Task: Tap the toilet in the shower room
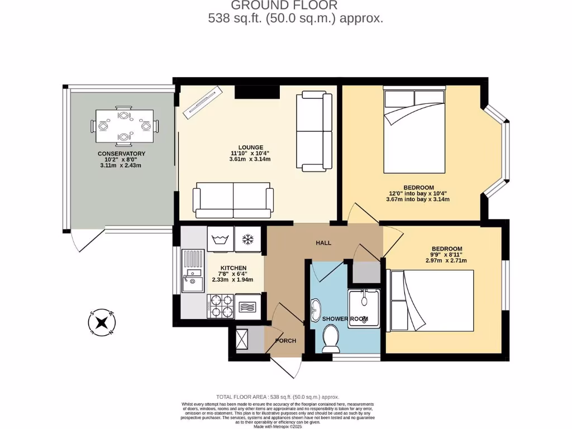coord(331,339)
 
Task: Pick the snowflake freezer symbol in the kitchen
coord(247,240)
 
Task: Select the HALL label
coord(323,243)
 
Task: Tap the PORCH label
coord(285,341)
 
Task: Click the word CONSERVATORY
coord(121,154)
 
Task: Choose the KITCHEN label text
coord(233,268)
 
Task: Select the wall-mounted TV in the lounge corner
coord(204,101)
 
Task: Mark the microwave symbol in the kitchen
coord(247,306)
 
